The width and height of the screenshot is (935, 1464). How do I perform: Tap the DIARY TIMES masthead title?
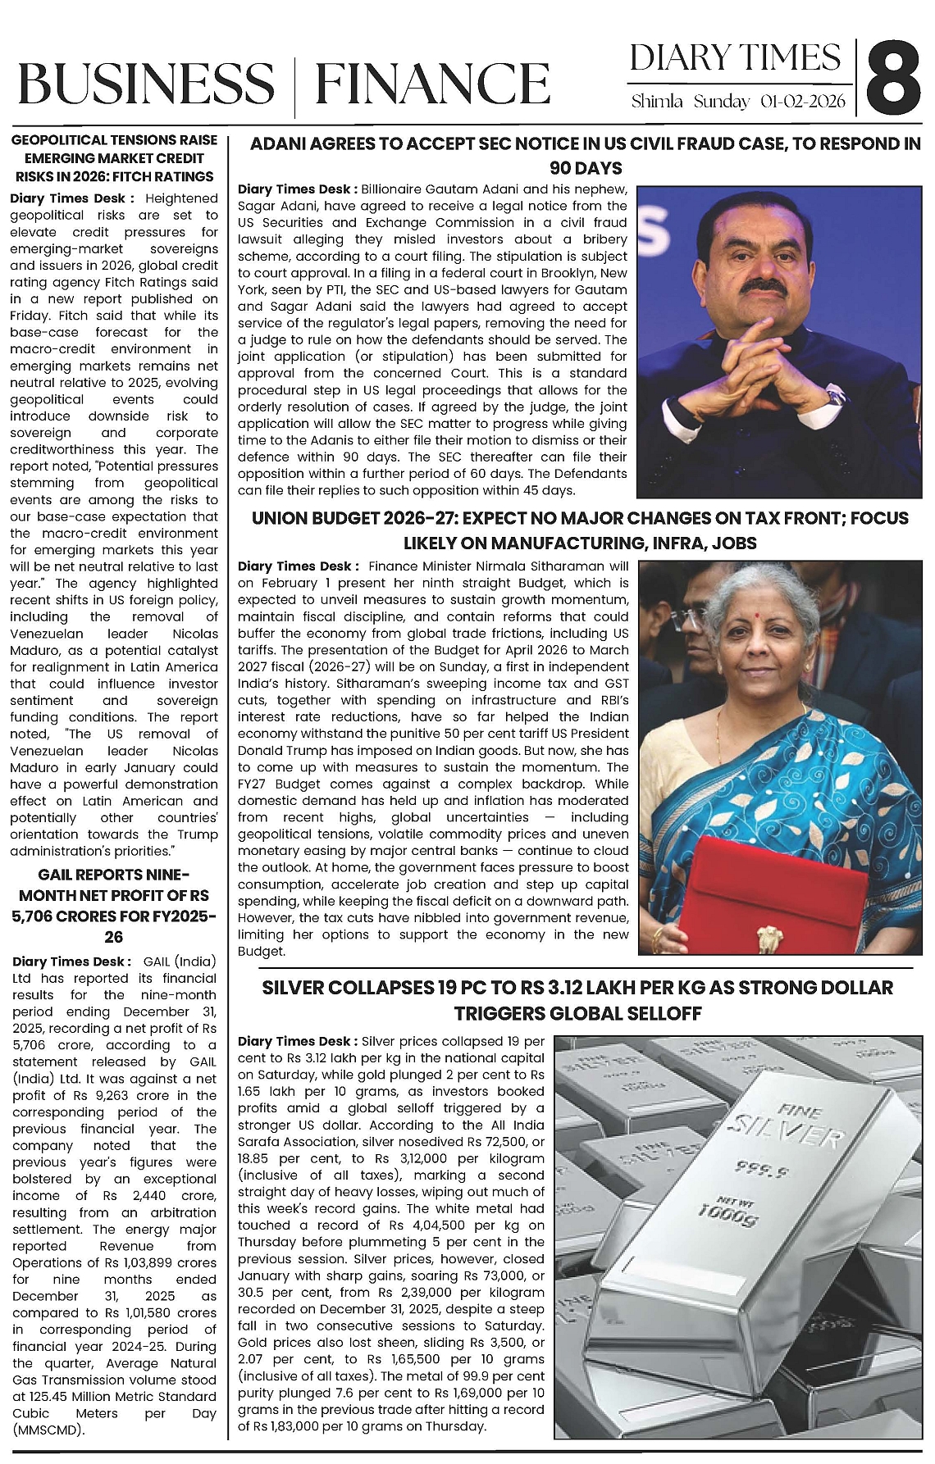[736, 57]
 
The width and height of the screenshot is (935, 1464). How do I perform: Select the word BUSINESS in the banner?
[145, 84]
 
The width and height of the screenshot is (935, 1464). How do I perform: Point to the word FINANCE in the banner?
[432, 84]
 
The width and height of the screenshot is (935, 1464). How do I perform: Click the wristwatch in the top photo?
[834, 398]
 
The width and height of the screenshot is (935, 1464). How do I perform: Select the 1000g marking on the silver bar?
[727, 1212]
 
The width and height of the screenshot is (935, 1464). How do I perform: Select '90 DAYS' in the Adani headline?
[586, 169]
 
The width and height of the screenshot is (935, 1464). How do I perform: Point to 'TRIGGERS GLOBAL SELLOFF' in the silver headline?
[577, 1013]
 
